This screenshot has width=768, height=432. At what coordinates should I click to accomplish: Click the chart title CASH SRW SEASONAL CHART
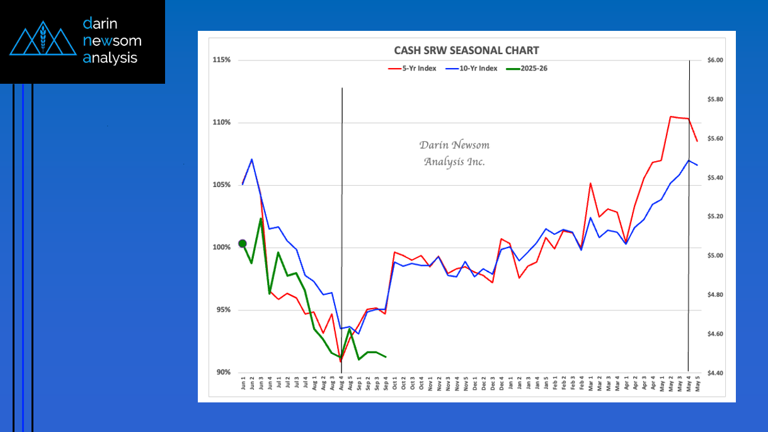tap(466, 50)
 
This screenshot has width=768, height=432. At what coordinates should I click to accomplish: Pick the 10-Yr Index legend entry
tap(474, 68)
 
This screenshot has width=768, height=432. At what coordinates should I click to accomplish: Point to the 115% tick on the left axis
tap(222, 60)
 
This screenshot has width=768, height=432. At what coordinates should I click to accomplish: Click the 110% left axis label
tap(222, 123)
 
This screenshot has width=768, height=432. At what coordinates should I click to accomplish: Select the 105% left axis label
tap(222, 185)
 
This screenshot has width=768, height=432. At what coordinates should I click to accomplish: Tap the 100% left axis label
tap(222, 247)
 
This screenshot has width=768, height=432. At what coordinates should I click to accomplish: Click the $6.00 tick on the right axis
tap(715, 60)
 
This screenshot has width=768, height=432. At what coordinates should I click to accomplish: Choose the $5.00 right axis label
tap(715, 256)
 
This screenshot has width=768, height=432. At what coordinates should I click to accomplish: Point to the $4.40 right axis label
tap(715, 373)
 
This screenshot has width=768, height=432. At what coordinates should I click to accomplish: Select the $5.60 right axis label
tap(715, 139)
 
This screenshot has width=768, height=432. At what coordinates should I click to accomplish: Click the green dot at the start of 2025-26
tap(243, 244)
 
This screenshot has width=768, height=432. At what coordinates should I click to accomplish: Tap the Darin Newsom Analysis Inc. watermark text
tap(454, 154)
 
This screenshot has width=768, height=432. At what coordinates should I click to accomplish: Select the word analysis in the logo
tap(110, 58)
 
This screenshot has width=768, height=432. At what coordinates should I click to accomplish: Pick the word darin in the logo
tap(100, 24)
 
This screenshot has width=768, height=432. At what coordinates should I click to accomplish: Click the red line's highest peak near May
tap(671, 117)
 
